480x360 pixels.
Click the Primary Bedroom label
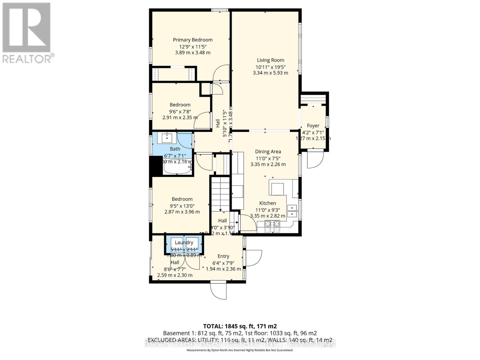coord(193,40)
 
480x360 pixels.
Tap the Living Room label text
coord(270,60)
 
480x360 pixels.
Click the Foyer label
coord(313,126)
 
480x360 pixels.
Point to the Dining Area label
coord(268,152)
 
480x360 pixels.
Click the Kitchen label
coord(268,203)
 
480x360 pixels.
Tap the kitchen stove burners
coord(272,226)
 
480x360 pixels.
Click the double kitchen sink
coord(292,211)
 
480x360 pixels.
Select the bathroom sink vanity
coord(167,138)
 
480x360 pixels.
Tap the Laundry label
coord(184,242)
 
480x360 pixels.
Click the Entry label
coord(223,256)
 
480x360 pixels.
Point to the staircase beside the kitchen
coord(220,193)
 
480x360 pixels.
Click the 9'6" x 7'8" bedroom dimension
coord(180,111)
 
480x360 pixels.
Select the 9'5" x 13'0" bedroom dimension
coord(182,206)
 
